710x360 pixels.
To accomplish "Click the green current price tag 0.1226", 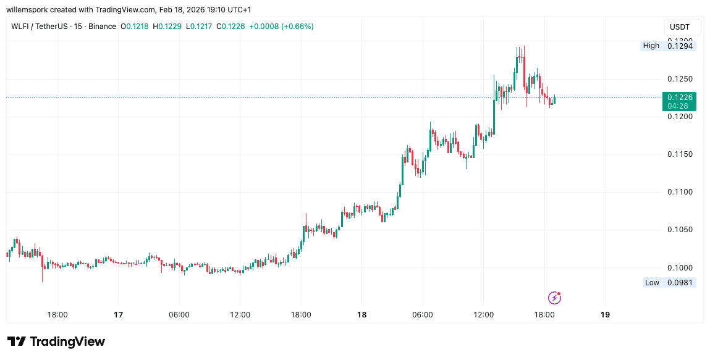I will tap(680, 97).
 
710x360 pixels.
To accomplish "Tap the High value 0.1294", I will tap(680, 46).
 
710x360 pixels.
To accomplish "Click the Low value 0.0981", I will tap(680, 283).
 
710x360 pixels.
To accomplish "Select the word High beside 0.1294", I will tap(651, 46).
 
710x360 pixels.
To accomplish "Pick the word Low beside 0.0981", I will tap(652, 283).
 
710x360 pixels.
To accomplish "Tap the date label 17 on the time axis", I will tap(118, 314).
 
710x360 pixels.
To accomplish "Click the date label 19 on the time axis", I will tap(605, 314).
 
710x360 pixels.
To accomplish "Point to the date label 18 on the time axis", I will tap(361, 314).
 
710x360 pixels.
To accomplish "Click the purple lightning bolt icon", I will tap(555, 298).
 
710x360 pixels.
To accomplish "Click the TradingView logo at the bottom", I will tap(56, 341).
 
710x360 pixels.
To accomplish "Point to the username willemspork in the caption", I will tap(31, 10).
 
